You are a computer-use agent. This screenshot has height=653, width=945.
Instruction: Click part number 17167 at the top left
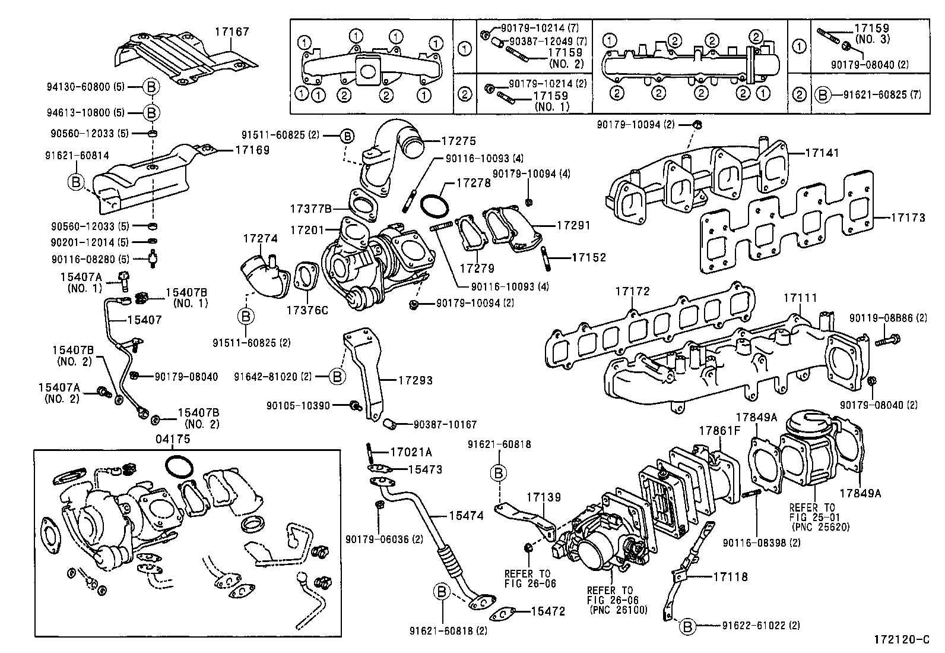(232, 31)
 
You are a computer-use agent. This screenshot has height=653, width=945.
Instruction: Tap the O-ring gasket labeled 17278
(435, 206)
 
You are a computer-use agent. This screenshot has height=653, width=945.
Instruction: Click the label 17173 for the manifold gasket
(908, 218)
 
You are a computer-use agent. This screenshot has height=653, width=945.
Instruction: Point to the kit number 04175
(173, 439)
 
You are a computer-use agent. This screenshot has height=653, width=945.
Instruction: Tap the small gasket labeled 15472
(547, 611)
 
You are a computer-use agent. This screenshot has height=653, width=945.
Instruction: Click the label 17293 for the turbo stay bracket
(415, 380)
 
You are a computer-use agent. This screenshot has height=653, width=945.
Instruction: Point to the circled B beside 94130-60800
(151, 87)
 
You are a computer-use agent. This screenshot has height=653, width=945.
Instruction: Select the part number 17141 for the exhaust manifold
(822, 153)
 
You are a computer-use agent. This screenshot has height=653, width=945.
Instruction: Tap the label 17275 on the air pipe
(459, 141)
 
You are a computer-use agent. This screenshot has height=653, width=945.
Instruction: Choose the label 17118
(731, 576)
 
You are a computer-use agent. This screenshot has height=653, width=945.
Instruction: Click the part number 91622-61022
(753, 626)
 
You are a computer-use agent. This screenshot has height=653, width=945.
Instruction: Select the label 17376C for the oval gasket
(307, 310)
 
